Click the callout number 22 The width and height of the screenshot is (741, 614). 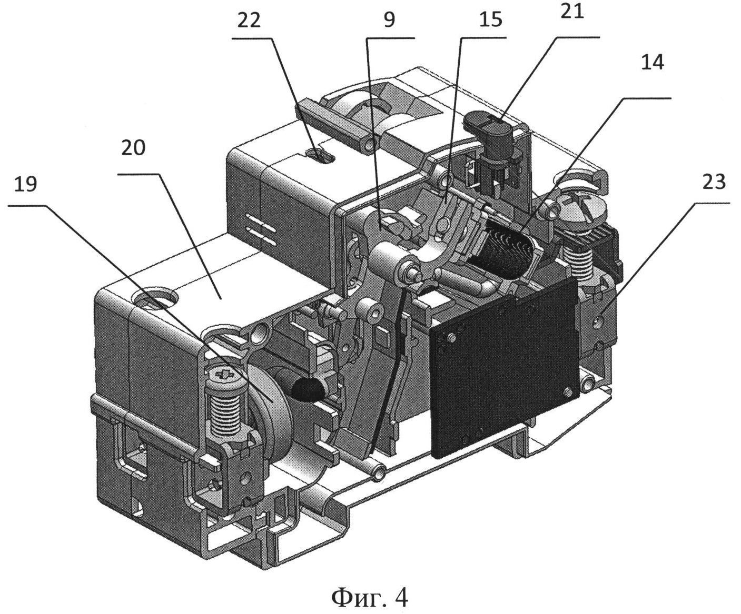249,21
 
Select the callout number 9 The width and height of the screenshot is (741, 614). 389,20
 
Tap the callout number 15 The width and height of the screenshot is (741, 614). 491,20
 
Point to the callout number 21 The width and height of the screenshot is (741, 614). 572,12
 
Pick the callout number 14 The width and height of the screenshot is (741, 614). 653,63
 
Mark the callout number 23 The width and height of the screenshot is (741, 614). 714,183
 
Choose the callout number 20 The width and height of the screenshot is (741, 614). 133,148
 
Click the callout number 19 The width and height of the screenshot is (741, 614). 26,185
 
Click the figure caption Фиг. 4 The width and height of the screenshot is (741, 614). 369,588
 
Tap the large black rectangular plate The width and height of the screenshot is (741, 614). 504,367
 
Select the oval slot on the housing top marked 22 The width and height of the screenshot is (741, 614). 320,155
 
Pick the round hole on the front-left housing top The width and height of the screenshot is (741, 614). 155,297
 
